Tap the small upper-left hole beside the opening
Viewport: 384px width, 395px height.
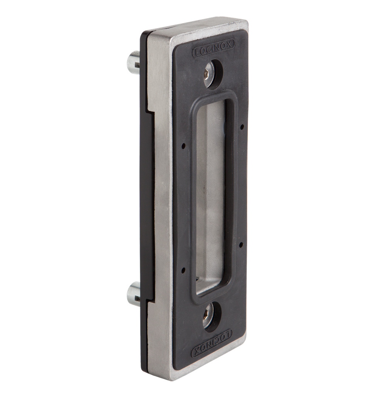click(184, 146)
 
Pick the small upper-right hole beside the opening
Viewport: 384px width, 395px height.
click(241, 126)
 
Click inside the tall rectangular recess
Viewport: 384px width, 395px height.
click(213, 193)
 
